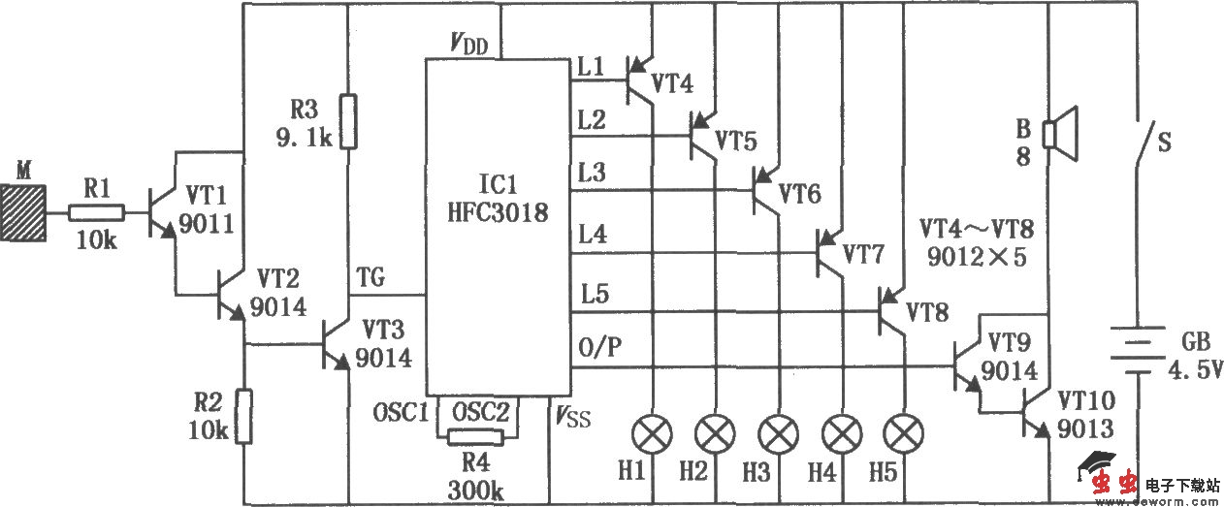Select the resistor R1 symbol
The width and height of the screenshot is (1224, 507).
point(97,212)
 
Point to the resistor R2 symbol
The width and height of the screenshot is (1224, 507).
point(245,416)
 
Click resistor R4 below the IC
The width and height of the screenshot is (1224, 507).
point(475,437)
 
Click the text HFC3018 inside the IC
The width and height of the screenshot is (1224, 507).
point(497,212)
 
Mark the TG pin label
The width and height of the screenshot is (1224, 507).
point(371,278)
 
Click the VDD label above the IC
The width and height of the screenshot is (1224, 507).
point(468,44)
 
